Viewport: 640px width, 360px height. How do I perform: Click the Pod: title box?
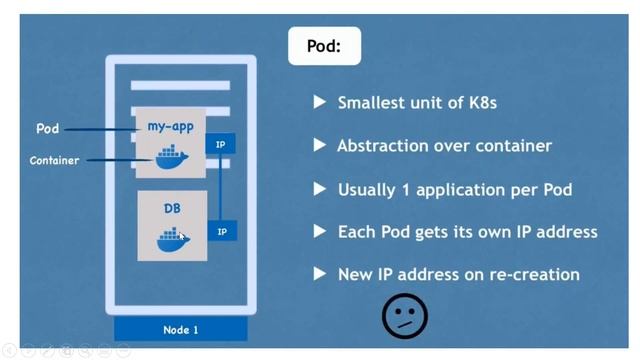point(324,46)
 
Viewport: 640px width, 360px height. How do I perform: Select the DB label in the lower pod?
point(172,209)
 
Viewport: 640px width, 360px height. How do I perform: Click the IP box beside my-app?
point(220,145)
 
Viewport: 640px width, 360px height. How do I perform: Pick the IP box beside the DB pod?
point(221,232)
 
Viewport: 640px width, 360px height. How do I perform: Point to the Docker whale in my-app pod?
point(169,157)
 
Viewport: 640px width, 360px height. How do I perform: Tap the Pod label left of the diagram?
point(47,129)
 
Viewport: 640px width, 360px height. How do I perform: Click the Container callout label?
point(54,160)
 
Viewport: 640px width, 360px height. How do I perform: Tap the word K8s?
point(478,103)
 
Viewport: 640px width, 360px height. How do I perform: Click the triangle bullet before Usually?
point(320,188)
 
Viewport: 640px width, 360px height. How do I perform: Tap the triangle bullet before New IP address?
point(320,273)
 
